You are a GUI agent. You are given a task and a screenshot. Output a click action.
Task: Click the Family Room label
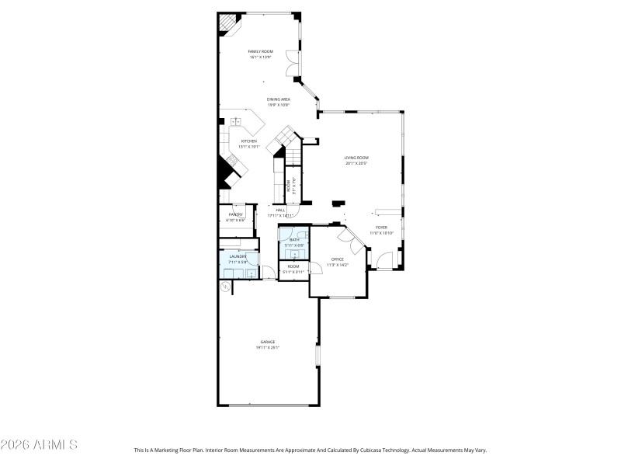261,51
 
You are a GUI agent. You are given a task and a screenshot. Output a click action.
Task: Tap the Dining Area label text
279,99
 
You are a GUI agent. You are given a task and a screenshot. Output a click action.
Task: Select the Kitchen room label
248,141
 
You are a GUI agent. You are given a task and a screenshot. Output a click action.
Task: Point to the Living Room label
356,158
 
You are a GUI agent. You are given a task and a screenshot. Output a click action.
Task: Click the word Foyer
381,228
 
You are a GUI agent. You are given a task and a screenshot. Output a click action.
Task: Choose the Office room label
337,259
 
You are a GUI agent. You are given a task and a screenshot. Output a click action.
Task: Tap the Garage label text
267,342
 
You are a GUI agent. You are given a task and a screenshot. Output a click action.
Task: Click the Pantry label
236,214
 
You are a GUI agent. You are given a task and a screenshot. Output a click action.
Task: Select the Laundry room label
238,256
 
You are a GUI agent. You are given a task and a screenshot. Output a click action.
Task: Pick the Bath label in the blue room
294,240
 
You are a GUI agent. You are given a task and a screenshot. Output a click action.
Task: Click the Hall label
280,210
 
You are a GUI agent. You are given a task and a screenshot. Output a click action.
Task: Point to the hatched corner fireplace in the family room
226,24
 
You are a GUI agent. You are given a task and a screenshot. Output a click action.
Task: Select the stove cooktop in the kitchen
232,162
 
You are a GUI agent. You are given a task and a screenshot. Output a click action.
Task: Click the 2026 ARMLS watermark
39,445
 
